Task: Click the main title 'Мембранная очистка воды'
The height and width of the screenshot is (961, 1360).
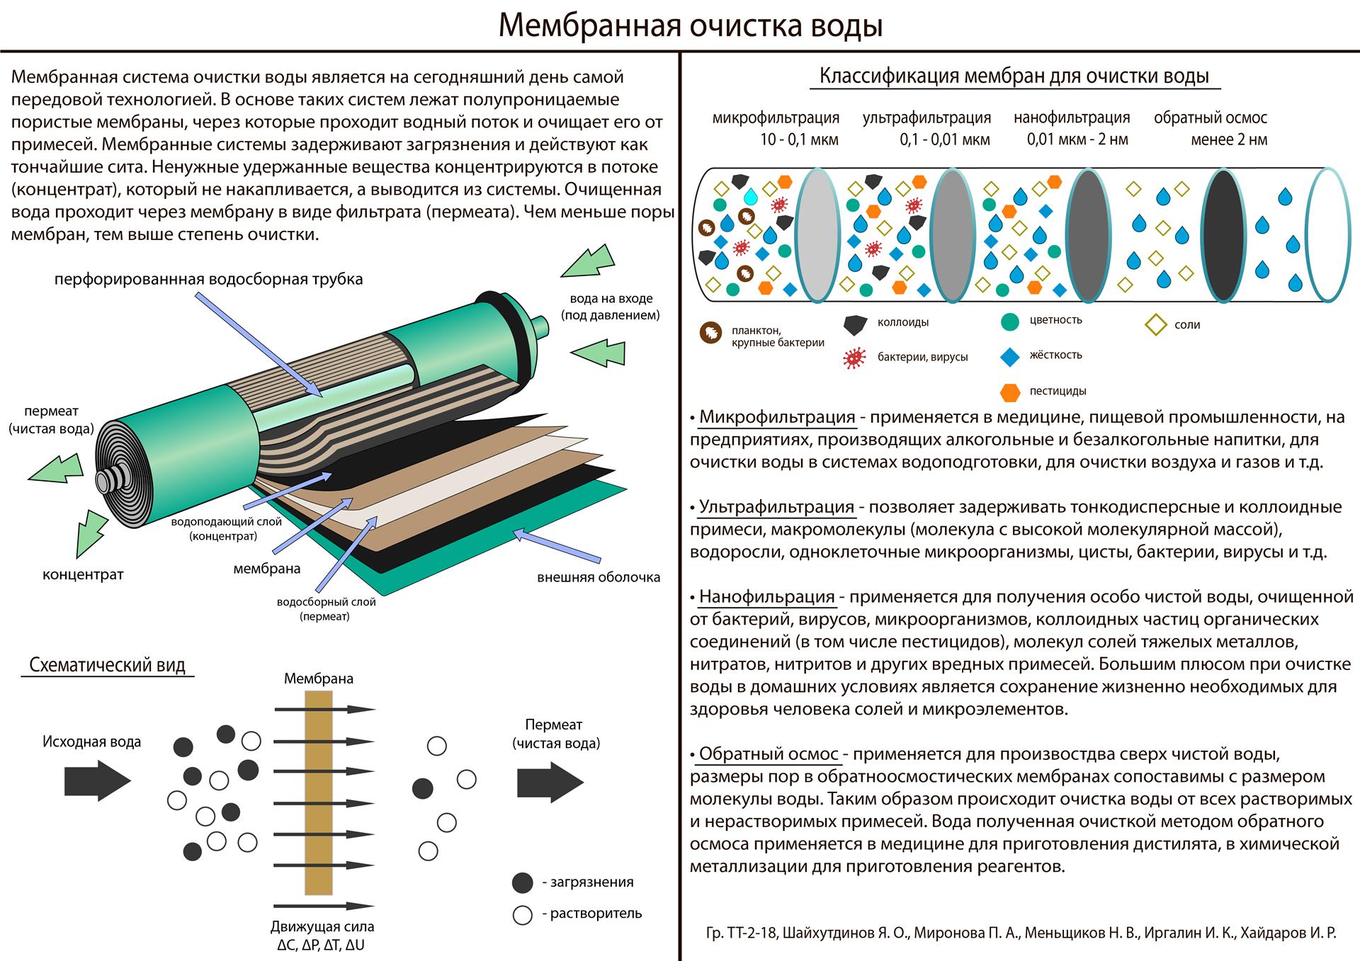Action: pyautogui.click(x=691, y=26)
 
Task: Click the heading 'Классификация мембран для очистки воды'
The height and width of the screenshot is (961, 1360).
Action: pyautogui.click(x=1014, y=76)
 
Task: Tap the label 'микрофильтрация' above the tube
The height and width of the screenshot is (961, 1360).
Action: pyautogui.click(x=776, y=118)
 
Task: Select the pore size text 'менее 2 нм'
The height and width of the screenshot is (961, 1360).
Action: pyautogui.click(x=1229, y=140)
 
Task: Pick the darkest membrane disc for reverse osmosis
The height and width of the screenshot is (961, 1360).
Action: pyautogui.click(x=1223, y=234)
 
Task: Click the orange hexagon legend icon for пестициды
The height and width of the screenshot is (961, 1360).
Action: pyautogui.click(x=1010, y=392)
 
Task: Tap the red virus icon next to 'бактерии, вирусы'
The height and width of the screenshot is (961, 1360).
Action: pyautogui.click(x=855, y=358)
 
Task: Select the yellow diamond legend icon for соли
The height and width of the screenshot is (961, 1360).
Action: pyautogui.click(x=1155, y=324)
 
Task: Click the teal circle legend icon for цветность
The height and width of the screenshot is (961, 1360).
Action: pyautogui.click(x=1010, y=321)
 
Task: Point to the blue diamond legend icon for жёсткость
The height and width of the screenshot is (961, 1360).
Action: pyautogui.click(x=1010, y=356)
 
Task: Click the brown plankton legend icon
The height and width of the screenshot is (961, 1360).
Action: pyautogui.click(x=710, y=332)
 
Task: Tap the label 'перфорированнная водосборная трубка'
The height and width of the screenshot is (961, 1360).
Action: pyautogui.click(x=209, y=280)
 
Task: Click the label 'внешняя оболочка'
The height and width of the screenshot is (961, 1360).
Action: pyautogui.click(x=599, y=577)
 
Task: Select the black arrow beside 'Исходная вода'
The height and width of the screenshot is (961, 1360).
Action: pyautogui.click(x=98, y=780)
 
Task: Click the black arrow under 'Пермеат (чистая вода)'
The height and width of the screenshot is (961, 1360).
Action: pyautogui.click(x=550, y=783)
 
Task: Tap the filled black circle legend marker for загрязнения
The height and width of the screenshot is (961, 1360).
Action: pyautogui.click(x=522, y=882)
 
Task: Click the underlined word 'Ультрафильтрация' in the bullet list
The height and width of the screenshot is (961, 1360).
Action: pyautogui.click(x=776, y=507)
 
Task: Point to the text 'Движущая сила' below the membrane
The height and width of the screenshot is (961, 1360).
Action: pyautogui.click(x=322, y=927)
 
